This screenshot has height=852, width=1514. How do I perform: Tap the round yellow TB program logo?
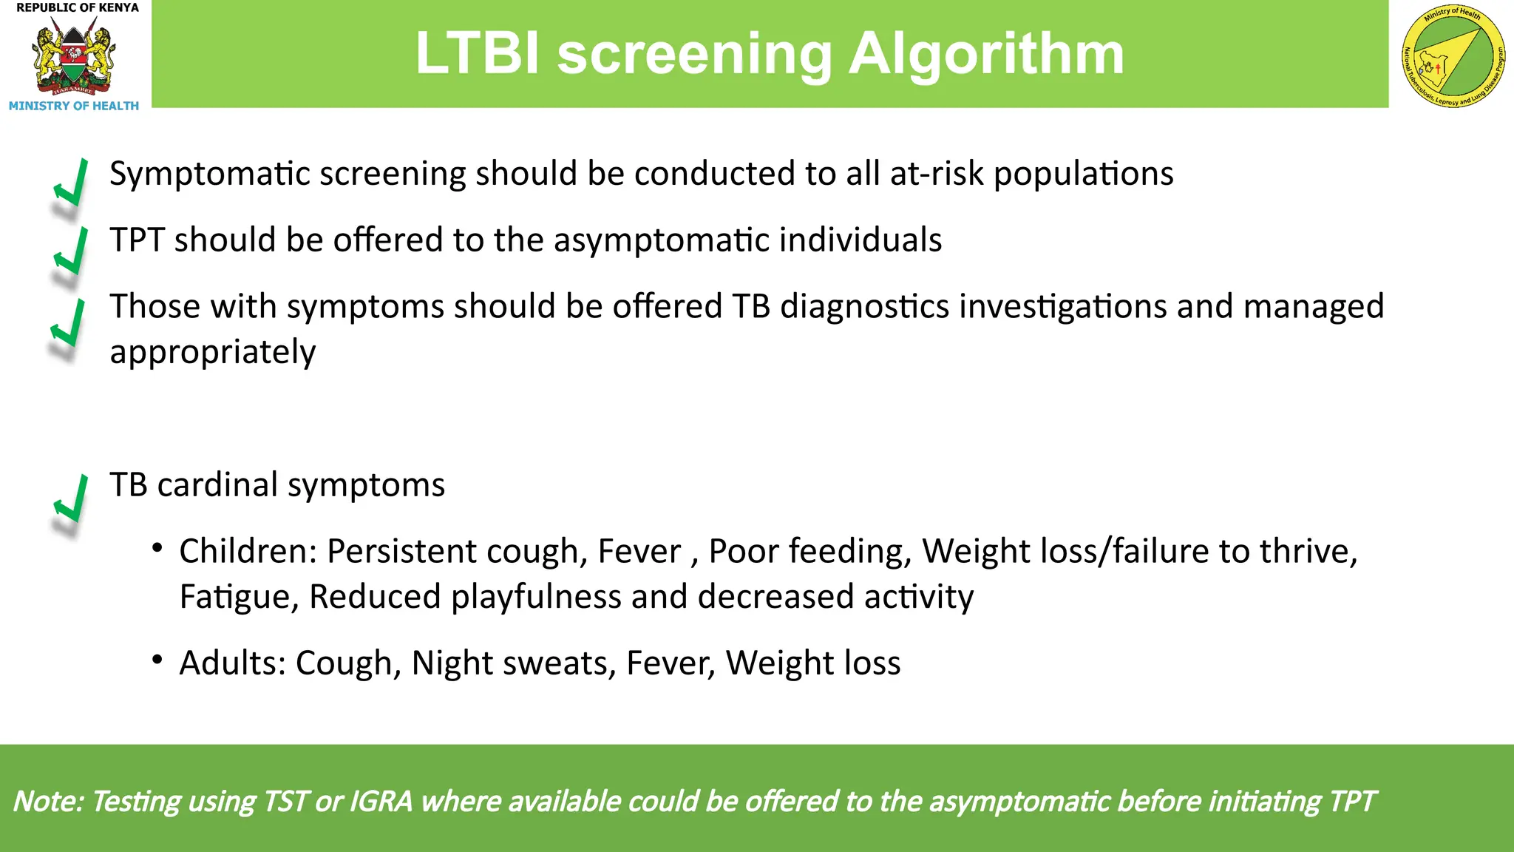[x=1453, y=56]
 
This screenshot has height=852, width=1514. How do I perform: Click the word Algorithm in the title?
[x=986, y=54]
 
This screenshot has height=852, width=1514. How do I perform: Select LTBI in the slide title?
[x=478, y=54]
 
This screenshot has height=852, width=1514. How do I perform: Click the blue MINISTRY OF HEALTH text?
[x=74, y=106]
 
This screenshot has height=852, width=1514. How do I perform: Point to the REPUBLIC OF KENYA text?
[x=78, y=7]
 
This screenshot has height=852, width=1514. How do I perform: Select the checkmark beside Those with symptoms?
[x=69, y=324]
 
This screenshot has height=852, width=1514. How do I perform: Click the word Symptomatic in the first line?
[x=209, y=175]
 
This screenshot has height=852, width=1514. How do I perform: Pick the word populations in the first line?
[x=1083, y=175]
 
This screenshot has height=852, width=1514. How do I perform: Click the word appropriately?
[x=212, y=352]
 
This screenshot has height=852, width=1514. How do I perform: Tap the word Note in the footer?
[x=49, y=802]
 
